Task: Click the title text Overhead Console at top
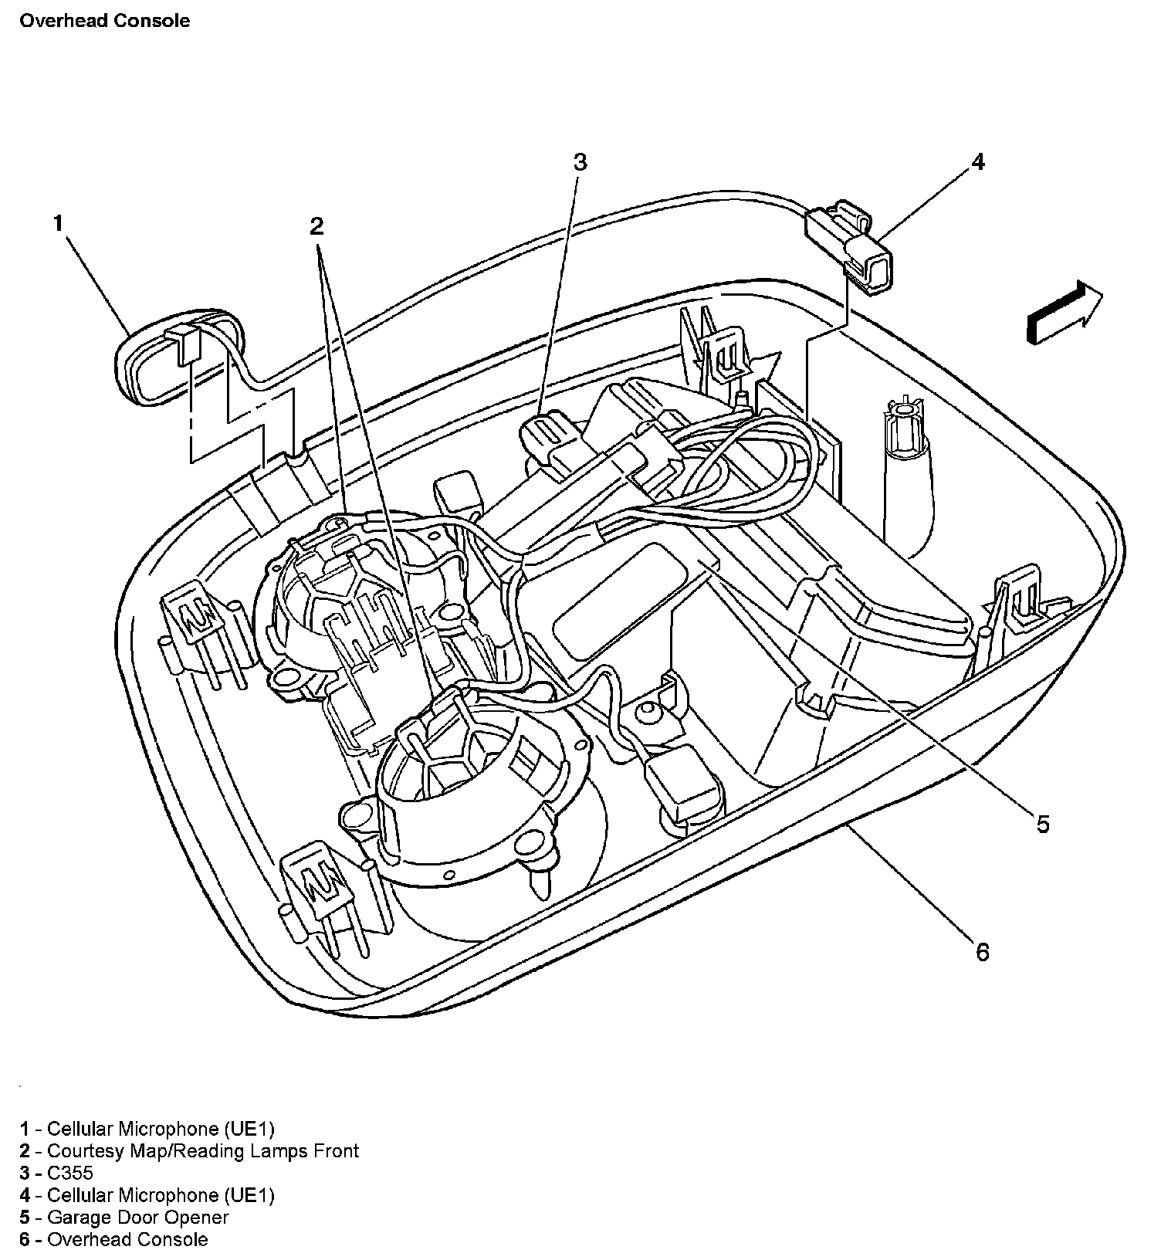coord(104,21)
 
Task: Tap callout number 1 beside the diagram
coord(58,223)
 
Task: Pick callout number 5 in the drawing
coord(1042,825)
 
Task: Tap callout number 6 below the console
coord(982,953)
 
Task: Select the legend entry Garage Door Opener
coord(137,1218)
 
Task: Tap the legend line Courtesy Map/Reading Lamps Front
coord(202,1150)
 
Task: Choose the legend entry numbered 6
coord(127,1240)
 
